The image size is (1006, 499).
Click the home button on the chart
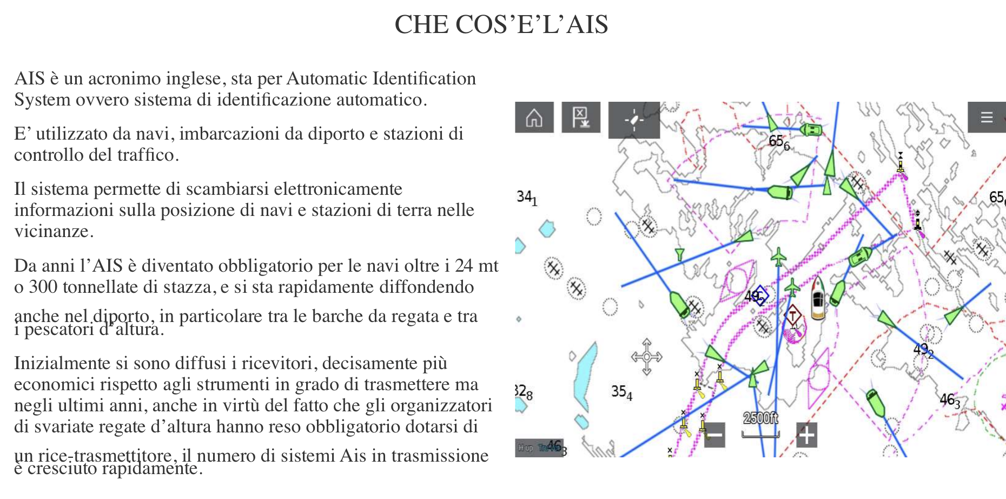click(x=534, y=117)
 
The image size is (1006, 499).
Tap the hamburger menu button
click(x=986, y=117)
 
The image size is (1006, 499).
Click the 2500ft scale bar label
click(x=760, y=418)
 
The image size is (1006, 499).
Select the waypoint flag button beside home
click(x=581, y=117)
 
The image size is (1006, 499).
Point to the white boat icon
click(x=818, y=298)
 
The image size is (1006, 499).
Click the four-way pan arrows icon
click(x=646, y=357)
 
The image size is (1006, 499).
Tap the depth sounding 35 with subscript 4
click(x=621, y=392)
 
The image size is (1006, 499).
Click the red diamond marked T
click(x=793, y=315)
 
